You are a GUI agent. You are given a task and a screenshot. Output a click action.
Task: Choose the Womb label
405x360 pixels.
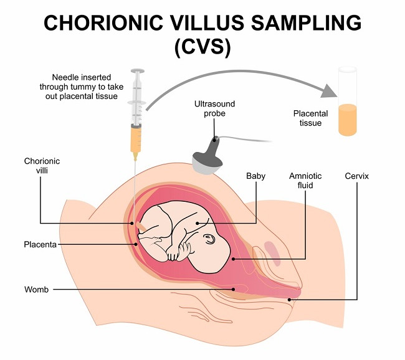36,289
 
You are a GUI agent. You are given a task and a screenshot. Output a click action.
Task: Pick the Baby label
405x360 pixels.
255,176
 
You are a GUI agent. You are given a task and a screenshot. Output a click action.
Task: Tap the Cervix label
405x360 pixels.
357,176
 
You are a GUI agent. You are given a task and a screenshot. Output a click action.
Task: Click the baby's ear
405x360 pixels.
210,238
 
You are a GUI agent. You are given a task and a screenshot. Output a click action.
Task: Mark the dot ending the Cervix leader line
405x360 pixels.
290,300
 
